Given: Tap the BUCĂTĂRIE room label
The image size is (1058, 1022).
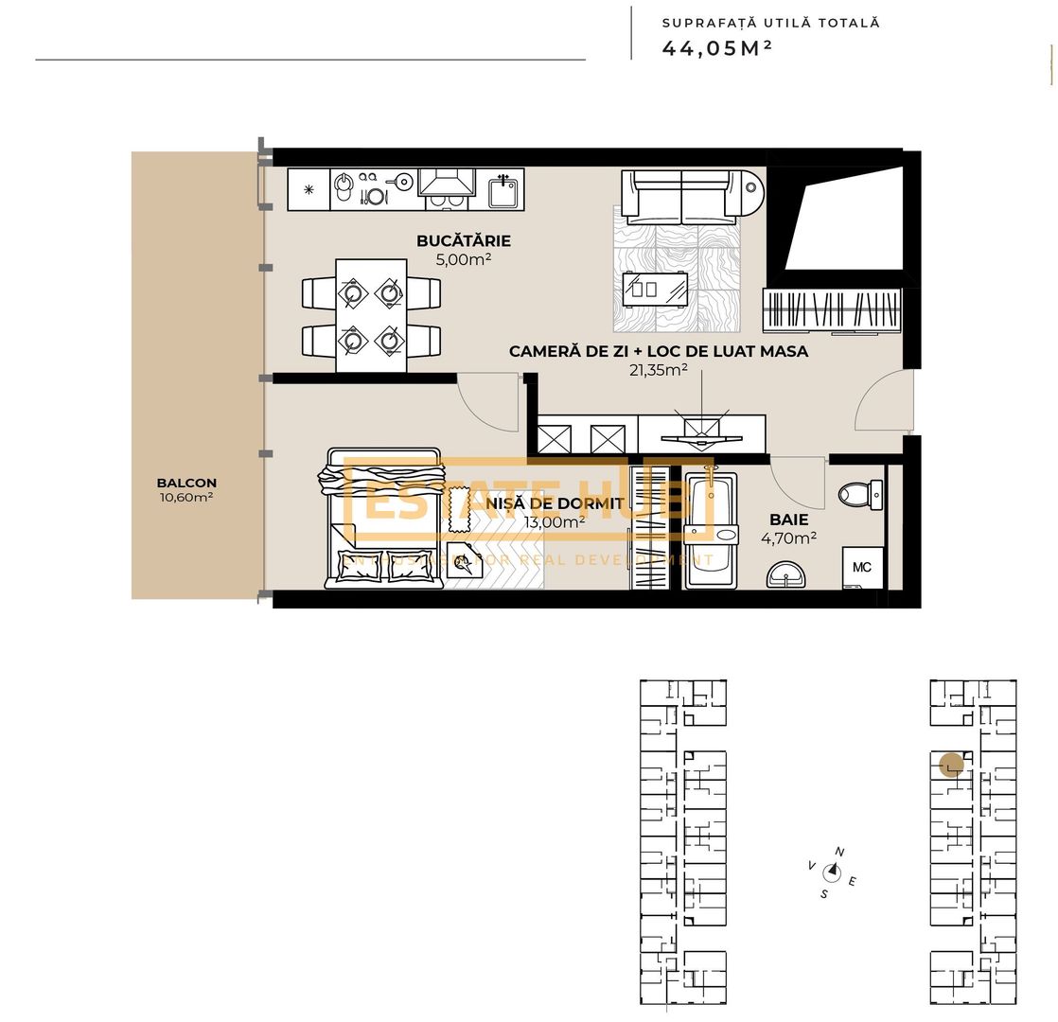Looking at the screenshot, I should [464, 241].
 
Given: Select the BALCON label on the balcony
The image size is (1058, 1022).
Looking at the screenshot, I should [186, 483].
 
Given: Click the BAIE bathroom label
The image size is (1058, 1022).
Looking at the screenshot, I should [788, 520].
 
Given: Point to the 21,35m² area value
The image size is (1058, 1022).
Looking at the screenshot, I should [659, 370].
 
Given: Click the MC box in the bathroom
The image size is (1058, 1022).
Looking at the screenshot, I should [862, 567].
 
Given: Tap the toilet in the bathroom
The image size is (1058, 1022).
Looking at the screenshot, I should [860, 494].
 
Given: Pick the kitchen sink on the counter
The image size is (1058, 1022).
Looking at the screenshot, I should [503, 190].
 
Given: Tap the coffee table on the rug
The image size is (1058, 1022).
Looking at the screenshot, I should [657, 288].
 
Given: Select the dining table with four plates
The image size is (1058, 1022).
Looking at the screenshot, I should [371, 315].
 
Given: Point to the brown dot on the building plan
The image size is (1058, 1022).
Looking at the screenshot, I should [951, 764].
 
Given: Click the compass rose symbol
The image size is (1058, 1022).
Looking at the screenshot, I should [833, 872].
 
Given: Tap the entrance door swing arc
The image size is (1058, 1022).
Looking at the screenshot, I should [882, 402].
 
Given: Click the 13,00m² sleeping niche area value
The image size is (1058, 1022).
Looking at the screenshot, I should [554, 521].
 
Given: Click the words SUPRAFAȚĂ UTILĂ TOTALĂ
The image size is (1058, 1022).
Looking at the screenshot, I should [770, 23].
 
